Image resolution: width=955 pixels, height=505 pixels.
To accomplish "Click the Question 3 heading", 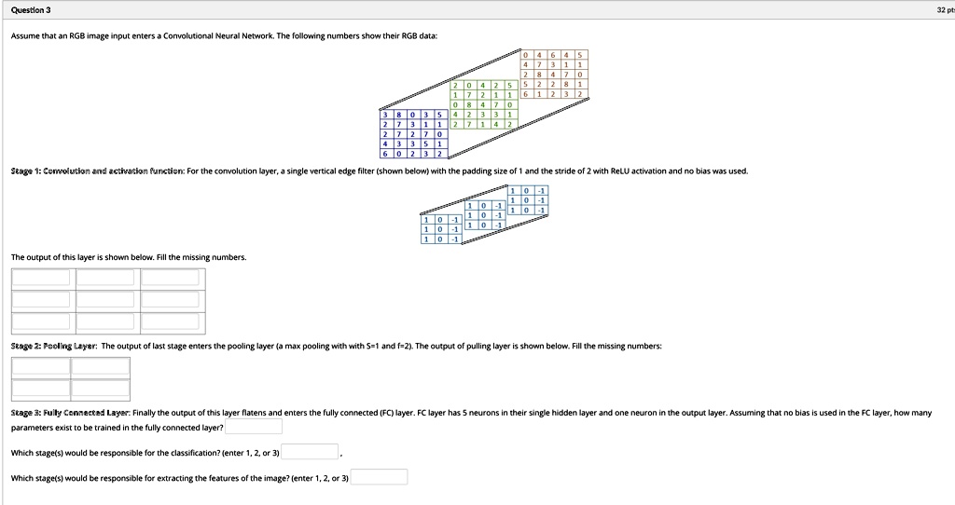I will pos(32,9).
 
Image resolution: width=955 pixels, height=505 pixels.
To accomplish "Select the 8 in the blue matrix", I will pos(399,115).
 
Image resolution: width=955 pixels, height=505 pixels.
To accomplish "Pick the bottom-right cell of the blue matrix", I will pos(439,154).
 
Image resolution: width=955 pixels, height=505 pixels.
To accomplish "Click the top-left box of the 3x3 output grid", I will pos(41,277).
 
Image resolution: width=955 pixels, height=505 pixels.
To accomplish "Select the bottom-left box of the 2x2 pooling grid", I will pos(41,389).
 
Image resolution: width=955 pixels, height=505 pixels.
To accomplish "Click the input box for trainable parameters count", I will pos(254,427).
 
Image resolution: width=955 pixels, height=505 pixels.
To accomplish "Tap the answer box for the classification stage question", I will pos(311,452).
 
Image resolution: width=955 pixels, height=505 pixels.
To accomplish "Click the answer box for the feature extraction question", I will pos(379,477).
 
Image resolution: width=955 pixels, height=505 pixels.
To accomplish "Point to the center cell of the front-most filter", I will pos(439,228).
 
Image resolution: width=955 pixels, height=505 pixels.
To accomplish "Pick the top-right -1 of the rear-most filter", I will pos(540,190).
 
